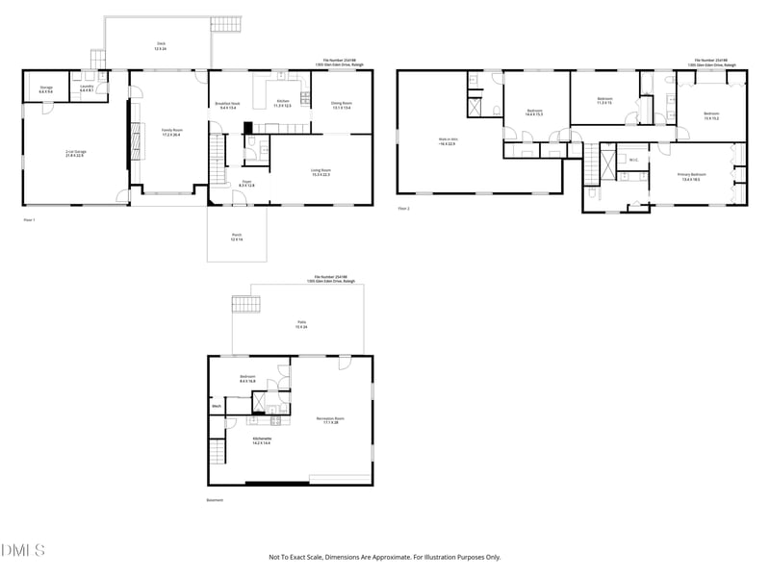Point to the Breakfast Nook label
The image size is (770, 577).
click(229, 105)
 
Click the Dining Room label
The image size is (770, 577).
click(342, 105)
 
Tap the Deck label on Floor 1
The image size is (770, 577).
click(160, 44)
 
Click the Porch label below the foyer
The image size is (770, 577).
click(236, 238)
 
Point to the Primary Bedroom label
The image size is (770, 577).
click(690, 176)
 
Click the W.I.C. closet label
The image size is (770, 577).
click(633, 160)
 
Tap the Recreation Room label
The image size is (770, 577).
click(330, 419)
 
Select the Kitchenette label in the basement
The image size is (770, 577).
click(262, 440)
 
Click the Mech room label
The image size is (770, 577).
click(217, 407)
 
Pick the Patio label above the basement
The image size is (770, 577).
click(301, 325)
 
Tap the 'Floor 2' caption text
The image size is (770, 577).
click(403, 208)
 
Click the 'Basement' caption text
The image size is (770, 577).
click(215, 500)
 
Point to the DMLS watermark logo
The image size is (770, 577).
click(23, 550)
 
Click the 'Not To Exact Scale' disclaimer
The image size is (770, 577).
click(384, 557)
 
